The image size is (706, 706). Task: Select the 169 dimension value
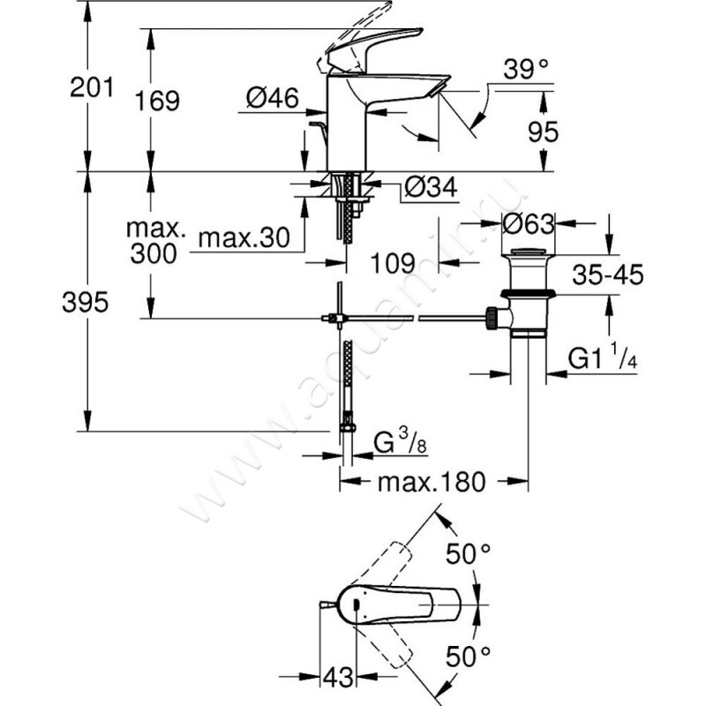pos(160,100)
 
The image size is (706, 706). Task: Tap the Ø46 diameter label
pos(273,100)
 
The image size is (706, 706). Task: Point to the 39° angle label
pos(528,67)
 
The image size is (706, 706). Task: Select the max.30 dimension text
pos(233,238)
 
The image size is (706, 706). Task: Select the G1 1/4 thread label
pos(605,359)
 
